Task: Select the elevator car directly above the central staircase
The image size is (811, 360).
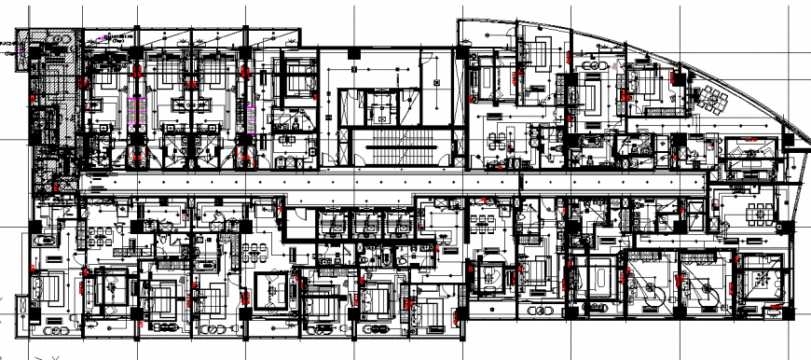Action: tap(382, 106)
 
